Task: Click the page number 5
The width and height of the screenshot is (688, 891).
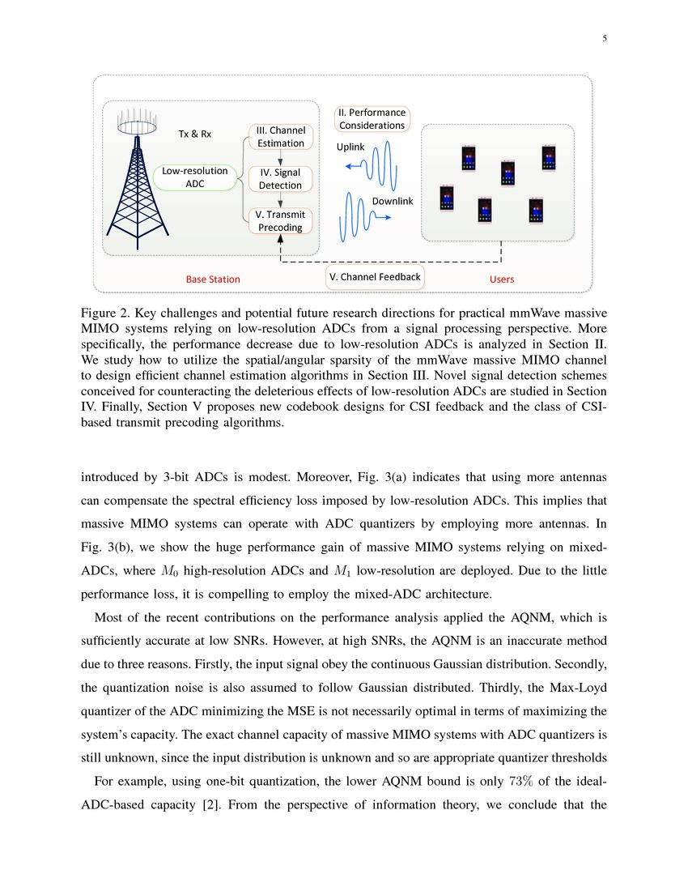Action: coord(605,38)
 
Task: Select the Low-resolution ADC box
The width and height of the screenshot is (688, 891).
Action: coord(195,177)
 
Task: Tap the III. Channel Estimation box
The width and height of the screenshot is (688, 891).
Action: coord(280,136)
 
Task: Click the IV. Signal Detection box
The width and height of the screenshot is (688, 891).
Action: coord(280,178)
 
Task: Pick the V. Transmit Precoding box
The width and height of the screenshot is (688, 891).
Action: coord(280,221)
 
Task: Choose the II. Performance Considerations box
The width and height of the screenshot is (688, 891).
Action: coord(372,118)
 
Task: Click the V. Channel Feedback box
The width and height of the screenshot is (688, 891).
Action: coord(375,277)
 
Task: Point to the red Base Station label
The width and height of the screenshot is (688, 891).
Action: coord(213,279)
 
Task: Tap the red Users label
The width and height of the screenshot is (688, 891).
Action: coord(502,279)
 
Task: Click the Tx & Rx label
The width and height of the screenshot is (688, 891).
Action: coord(194,134)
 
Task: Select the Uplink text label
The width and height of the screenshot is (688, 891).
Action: coord(350,147)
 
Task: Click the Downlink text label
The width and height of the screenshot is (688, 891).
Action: coord(392,200)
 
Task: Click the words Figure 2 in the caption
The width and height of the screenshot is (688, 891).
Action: coord(104,313)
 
